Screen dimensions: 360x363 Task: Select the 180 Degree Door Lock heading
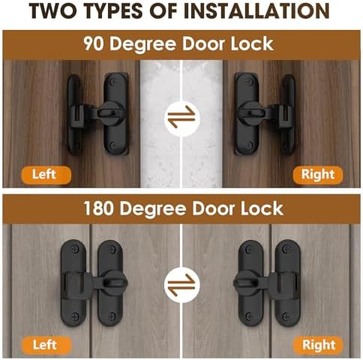click(x=181, y=207)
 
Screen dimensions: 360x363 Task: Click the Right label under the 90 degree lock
click(x=318, y=175)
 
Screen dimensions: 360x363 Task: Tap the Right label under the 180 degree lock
click(x=318, y=345)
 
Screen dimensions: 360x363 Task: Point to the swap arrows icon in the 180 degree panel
click(x=182, y=284)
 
